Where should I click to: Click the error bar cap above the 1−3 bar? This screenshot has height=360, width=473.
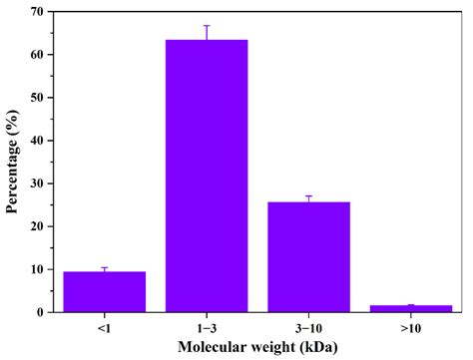[207, 26]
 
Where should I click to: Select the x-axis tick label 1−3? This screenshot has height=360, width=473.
[207, 325]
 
